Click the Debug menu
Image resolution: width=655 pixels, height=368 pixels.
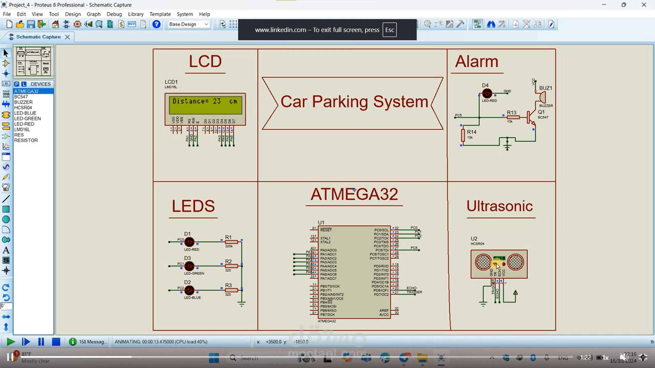pyautogui.click(x=114, y=14)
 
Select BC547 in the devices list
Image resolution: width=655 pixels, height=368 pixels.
pyautogui.click(x=21, y=97)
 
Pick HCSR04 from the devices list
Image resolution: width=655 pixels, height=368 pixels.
pyautogui.click(x=23, y=108)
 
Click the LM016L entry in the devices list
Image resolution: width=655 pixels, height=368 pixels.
pyautogui.click(x=22, y=129)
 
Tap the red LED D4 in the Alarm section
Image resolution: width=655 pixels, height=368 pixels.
pyautogui.click(x=487, y=93)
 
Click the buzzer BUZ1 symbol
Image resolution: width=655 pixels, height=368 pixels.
pyautogui.click(x=542, y=97)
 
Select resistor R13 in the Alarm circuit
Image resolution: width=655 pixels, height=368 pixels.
pyautogui.click(x=513, y=117)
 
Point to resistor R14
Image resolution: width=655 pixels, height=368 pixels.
pyautogui.click(x=463, y=135)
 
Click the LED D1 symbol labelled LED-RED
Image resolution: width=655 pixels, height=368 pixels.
pyautogui.click(x=189, y=242)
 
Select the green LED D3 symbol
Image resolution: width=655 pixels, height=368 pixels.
pyautogui.click(x=189, y=266)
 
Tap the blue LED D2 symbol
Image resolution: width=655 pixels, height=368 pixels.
pyautogui.click(x=189, y=290)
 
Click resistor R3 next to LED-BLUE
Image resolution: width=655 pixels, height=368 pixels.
pyautogui.click(x=231, y=290)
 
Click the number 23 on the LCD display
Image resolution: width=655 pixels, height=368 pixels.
pyautogui.click(x=217, y=101)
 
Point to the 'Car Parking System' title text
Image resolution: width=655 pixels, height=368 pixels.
pyautogui.click(x=354, y=102)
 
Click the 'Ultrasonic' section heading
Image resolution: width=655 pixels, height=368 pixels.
pyautogui.click(x=499, y=206)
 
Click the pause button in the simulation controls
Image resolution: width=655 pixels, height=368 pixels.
pyautogui.click(x=41, y=342)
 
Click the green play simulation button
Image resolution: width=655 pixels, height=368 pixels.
pyautogui.click(x=11, y=342)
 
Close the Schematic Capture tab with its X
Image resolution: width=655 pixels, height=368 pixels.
pyautogui.click(x=68, y=37)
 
